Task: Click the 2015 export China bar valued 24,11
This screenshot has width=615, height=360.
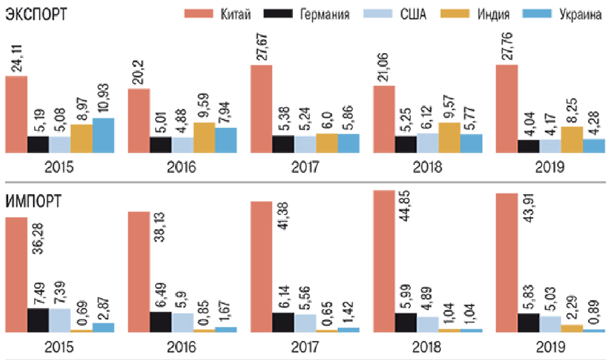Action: pyautogui.click(x=16, y=115)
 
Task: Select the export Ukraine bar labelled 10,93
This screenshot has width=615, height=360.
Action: pyautogui.click(x=103, y=135)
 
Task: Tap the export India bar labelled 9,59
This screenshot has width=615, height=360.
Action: pyautogui.click(x=204, y=138)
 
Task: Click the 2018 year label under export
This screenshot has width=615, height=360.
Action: pyautogui.click(x=428, y=168)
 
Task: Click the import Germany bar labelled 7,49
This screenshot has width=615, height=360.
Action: pyautogui.click(x=38, y=320)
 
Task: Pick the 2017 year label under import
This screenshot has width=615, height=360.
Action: pyautogui.click(x=305, y=347)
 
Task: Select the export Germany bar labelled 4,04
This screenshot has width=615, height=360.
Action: pyautogui.click(x=528, y=146)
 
